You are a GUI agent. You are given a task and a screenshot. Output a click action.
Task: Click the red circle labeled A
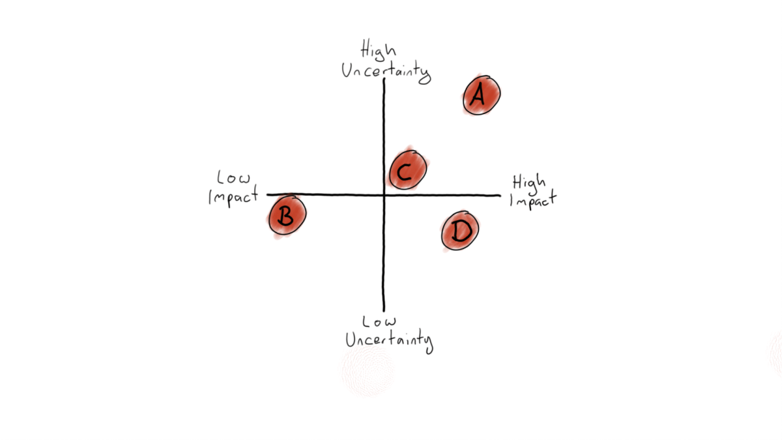coord(482,95)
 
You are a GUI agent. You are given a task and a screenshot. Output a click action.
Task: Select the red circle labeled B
coord(287,217)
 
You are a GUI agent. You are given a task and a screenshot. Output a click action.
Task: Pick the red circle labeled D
coord(460,231)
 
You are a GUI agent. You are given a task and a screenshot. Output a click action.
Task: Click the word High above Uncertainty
coord(379,51)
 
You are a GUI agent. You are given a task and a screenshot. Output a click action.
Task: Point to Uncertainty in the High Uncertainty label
coord(386,71)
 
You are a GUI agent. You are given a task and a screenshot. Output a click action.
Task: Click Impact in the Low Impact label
coord(233,196)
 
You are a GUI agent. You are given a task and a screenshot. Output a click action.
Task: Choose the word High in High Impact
coord(529,181)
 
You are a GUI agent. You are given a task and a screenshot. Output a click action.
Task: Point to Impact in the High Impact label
coord(532,199)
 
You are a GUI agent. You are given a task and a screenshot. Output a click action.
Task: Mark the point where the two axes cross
coord(384,195)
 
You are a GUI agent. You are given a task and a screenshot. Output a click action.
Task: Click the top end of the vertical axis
coord(384,79)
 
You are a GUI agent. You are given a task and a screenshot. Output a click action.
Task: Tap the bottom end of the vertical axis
coord(384,311)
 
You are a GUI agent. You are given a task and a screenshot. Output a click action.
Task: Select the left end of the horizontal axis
coord(268,194)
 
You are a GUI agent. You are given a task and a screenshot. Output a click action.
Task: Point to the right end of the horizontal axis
coord(500,195)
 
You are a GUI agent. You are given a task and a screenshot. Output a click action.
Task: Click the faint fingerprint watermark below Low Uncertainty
coord(368,371)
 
